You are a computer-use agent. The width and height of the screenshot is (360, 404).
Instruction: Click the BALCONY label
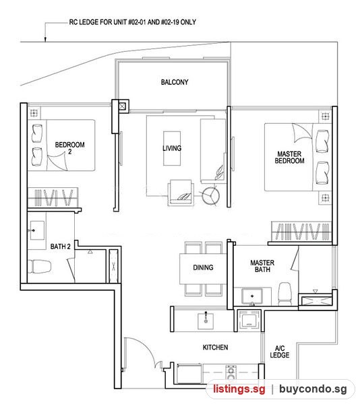175,82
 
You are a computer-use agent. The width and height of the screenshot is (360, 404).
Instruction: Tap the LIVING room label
172,148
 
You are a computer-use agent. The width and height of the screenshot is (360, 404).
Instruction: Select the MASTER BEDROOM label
289,158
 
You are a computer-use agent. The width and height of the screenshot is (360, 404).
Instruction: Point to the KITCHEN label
215,347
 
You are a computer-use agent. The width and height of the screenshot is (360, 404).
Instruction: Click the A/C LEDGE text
280,351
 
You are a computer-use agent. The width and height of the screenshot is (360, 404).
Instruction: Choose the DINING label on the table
203,267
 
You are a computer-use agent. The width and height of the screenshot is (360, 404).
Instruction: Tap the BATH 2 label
61,246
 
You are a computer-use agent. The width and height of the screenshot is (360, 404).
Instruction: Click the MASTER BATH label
262,266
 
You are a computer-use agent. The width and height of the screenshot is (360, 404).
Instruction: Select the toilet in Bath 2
39,267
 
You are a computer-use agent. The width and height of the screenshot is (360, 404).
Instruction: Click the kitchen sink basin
206,321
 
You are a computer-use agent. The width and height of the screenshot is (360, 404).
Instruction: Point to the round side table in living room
210,196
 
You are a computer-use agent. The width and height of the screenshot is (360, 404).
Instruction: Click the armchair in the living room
181,192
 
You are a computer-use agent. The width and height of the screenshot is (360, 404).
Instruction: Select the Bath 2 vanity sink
36,230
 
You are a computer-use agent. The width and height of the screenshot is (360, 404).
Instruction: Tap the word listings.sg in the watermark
239,389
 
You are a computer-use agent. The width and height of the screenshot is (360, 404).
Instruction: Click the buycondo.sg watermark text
313,389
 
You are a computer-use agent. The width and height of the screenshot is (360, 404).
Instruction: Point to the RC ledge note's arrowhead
45,39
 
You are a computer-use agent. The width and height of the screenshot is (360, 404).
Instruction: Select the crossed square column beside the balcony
122,106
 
